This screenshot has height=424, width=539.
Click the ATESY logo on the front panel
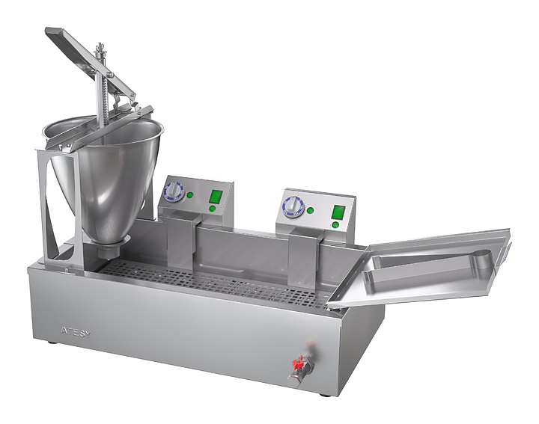point(76,331)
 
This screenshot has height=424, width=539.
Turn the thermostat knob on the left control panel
point(174,191)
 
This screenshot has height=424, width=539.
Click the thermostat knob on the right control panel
point(293,206)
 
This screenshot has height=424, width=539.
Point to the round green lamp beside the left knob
point(190,195)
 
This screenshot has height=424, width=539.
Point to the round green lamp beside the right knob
point(311,210)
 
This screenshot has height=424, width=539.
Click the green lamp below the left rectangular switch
point(212,209)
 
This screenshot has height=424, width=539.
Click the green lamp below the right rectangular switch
point(335,225)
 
